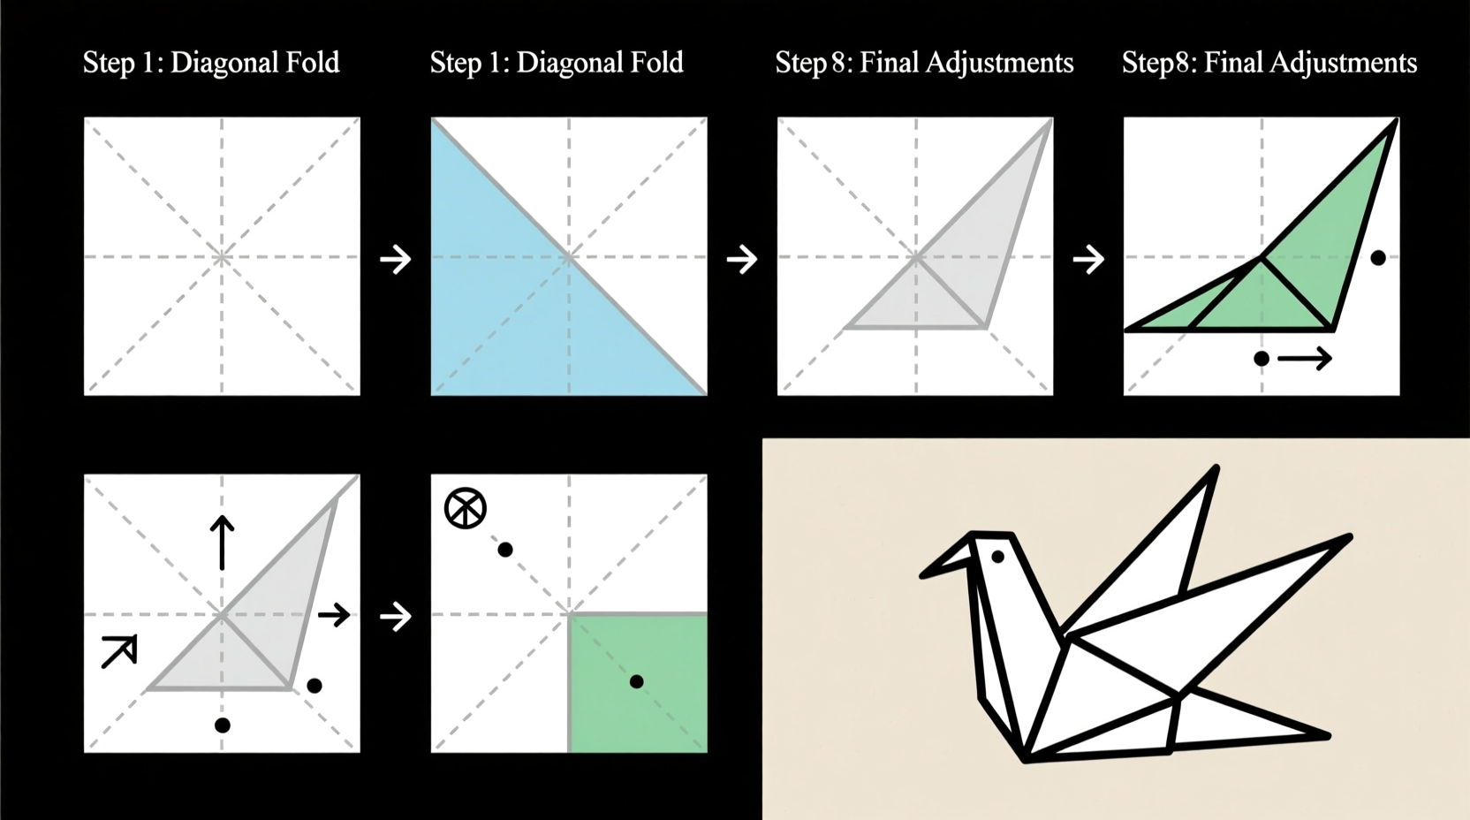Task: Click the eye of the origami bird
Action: click(997, 557)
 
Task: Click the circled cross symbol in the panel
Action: click(465, 508)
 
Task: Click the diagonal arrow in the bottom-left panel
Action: click(119, 651)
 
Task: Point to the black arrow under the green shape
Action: click(1305, 358)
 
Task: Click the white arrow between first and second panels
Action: click(395, 260)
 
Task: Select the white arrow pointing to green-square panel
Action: click(395, 616)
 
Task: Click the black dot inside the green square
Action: click(636, 681)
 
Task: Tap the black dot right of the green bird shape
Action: click(1377, 258)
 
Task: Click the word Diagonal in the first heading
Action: click(230, 63)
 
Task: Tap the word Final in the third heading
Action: click(890, 63)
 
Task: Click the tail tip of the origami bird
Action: click(1325, 735)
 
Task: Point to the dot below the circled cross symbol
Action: click(505, 550)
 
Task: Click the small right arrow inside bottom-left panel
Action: click(334, 614)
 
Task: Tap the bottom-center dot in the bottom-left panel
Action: click(223, 725)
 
